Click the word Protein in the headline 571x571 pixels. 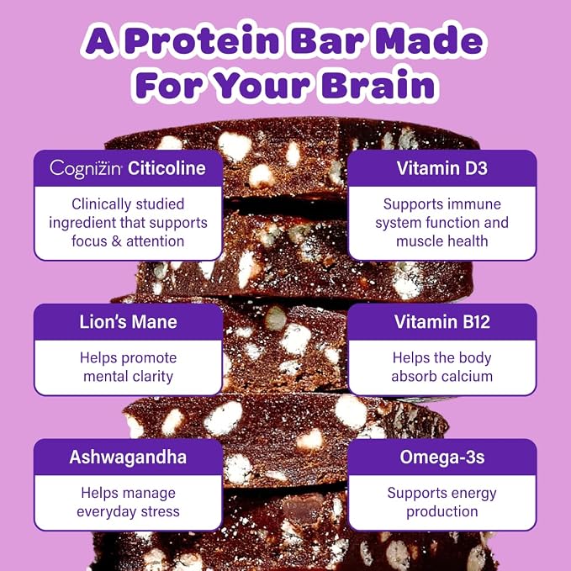tap(204, 40)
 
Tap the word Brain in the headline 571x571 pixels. tap(378, 84)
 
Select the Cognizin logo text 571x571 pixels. tap(86, 169)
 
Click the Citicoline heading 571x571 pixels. tap(167, 168)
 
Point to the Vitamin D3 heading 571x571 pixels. tap(441, 168)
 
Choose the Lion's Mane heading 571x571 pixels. tap(128, 322)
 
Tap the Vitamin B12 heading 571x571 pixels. tap(441, 322)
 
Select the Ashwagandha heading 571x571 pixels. tap(128, 457)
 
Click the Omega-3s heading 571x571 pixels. tap(442, 457)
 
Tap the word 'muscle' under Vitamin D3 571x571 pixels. tap(419, 241)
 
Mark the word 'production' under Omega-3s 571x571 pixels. tap(442, 512)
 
